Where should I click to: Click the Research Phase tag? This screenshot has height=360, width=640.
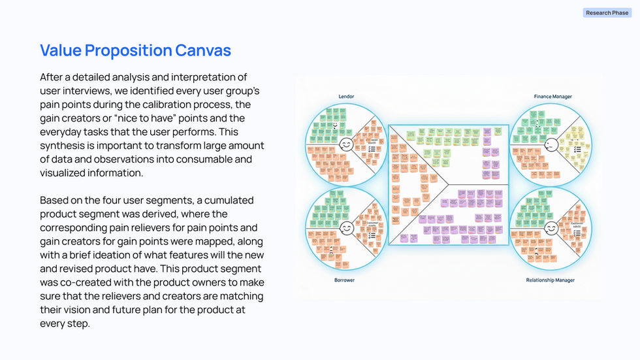[607, 12]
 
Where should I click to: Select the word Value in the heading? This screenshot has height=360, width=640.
[63, 50]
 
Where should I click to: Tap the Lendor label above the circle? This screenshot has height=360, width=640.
[346, 97]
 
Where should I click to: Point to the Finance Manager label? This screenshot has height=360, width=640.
[552, 97]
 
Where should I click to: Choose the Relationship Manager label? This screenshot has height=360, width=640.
[551, 280]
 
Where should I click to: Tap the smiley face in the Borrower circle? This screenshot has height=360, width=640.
[347, 228]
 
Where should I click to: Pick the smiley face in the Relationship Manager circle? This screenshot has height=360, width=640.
[551, 228]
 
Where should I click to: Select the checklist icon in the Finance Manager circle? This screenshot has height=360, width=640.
[577, 149]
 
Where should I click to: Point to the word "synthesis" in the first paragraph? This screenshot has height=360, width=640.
[60, 146]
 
